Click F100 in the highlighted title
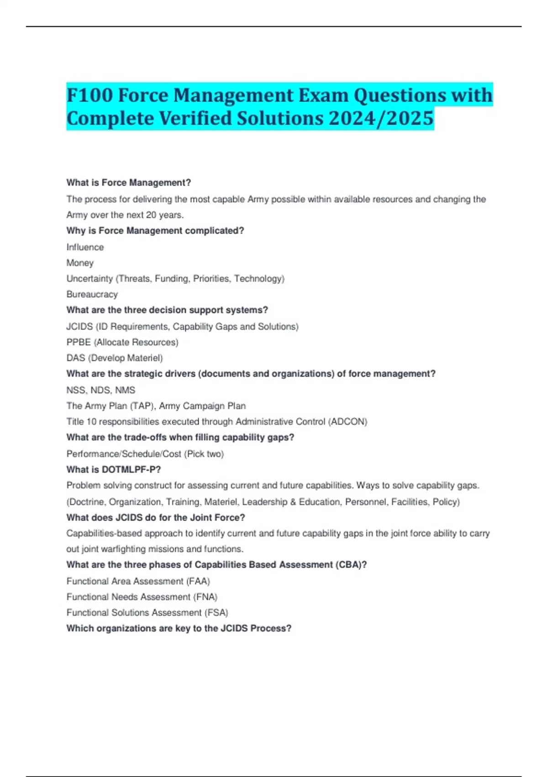(90, 95)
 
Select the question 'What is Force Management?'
(128, 183)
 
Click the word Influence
(85, 247)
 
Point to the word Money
(80, 263)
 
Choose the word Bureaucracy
(92, 294)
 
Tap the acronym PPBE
(79, 342)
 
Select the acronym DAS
(76, 358)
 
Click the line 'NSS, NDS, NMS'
(100, 390)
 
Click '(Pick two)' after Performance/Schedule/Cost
(204, 454)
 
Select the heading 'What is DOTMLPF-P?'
(113, 470)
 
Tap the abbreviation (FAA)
(198, 581)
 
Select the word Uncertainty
(90, 279)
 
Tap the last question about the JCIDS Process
(179, 628)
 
